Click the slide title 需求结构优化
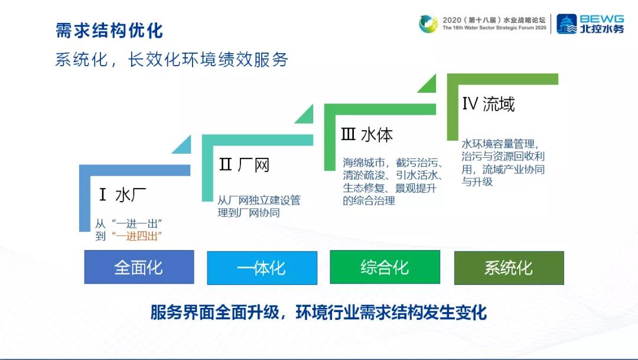point(109,30)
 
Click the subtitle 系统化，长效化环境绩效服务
point(171,60)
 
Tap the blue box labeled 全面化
point(139,267)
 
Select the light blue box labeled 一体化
point(262,268)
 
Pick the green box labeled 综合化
point(385,267)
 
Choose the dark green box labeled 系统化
point(509,268)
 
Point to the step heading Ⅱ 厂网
point(244,165)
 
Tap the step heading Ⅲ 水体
point(367,135)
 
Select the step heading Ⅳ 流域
point(489,104)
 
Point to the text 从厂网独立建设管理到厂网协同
point(259,206)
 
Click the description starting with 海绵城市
point(393,181)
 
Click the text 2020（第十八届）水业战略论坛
point(495,20)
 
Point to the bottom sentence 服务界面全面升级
point(318,312)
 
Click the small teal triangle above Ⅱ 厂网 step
point(183,144)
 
